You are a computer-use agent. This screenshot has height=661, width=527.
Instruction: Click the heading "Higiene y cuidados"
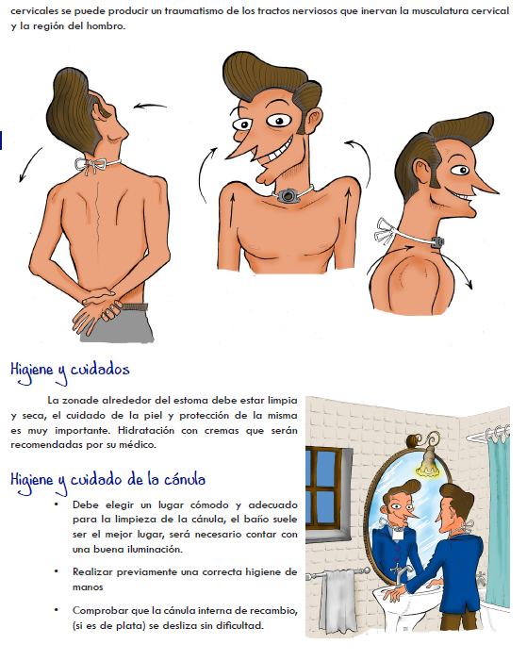click(x=70, y=371)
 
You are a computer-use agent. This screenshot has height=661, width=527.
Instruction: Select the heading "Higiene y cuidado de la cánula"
click(x=107, y=481)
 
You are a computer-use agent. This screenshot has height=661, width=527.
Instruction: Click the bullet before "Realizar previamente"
click(x=56, y=571)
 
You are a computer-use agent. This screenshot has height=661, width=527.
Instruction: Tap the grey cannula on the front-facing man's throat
click(x=289, y=195)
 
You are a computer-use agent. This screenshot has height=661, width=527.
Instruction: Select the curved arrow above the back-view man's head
click(x=150, y=106)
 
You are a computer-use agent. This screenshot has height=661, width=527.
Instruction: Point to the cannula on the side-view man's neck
click(x=438, y=241)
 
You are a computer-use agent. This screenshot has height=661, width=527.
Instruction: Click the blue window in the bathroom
click(x=327, y=489)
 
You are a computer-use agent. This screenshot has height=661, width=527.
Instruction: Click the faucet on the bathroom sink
click(x=400, y=574)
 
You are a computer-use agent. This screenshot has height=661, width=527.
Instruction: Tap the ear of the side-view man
click(x=422, y=171)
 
